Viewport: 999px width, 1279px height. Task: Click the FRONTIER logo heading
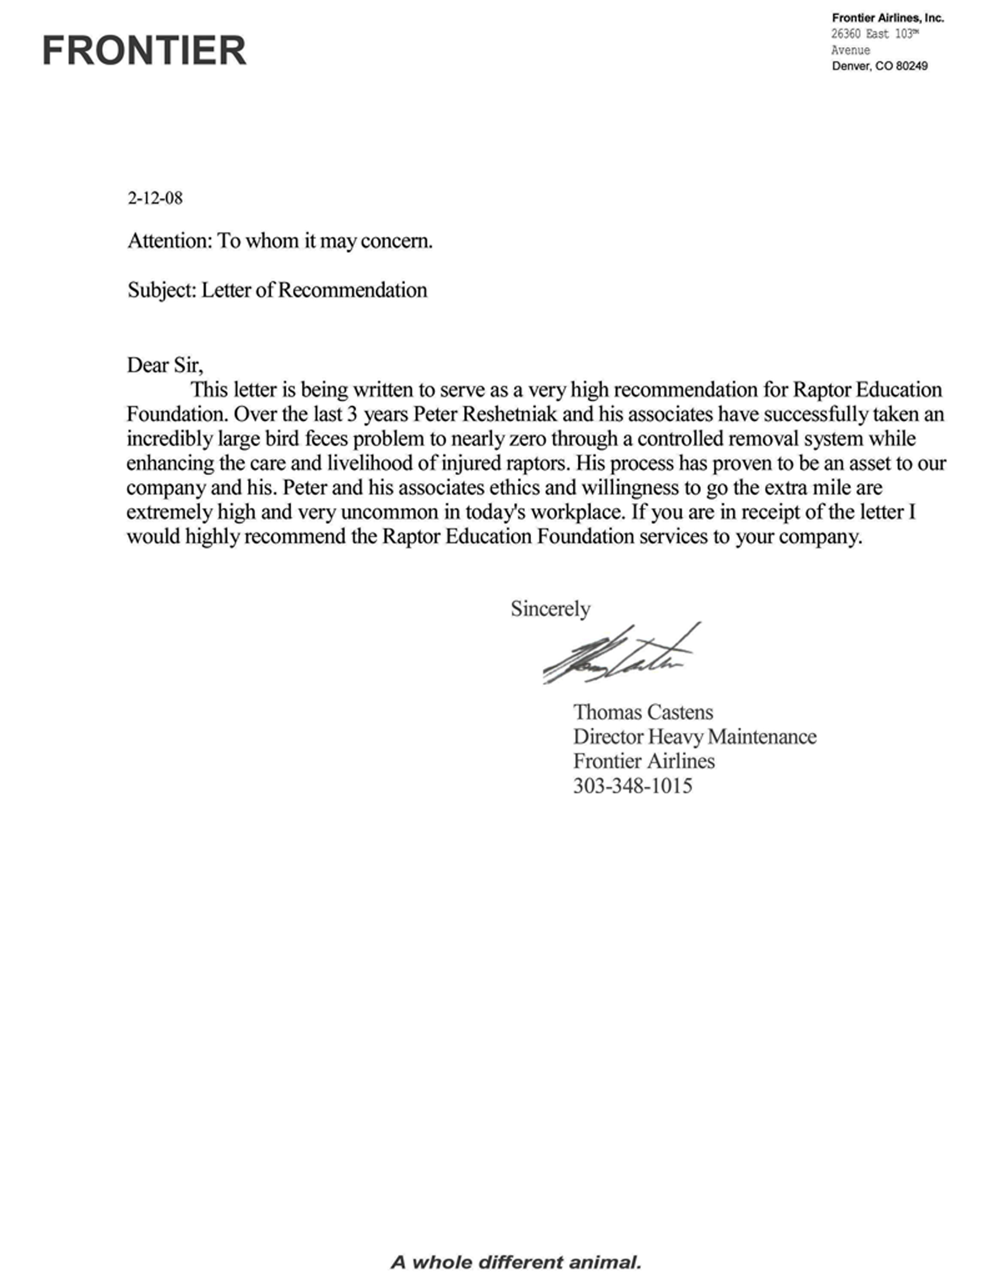pos(144,51)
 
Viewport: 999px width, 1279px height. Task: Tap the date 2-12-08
pos(155,199)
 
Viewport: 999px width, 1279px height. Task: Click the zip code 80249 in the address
pos(912,66)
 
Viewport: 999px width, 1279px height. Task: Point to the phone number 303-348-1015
pos(633,786)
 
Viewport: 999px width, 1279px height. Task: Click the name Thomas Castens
pos(643,712)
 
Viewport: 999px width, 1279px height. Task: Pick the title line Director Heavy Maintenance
pos(694,737)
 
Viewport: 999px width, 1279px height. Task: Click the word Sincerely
pos(550,609)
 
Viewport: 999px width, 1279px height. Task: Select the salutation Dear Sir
pos(165,365)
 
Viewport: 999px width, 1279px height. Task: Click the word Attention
pos(169,241)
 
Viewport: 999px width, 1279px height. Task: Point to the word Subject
pos(162,290)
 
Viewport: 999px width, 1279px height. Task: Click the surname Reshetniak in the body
pos(509,415)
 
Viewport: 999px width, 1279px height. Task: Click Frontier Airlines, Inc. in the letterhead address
pos(888,18)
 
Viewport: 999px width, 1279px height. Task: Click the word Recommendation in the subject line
pos(352,290)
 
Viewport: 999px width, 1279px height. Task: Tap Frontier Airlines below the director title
pos(644,761)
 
